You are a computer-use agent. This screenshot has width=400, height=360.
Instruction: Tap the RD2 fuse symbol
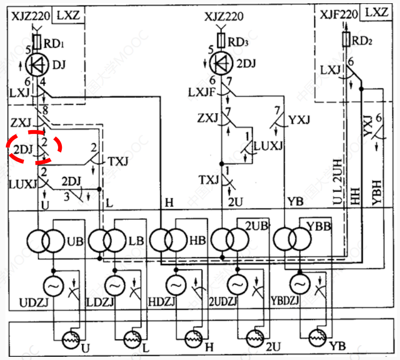pos(346,39)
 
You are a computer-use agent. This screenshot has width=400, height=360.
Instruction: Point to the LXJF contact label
pos(200,92)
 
